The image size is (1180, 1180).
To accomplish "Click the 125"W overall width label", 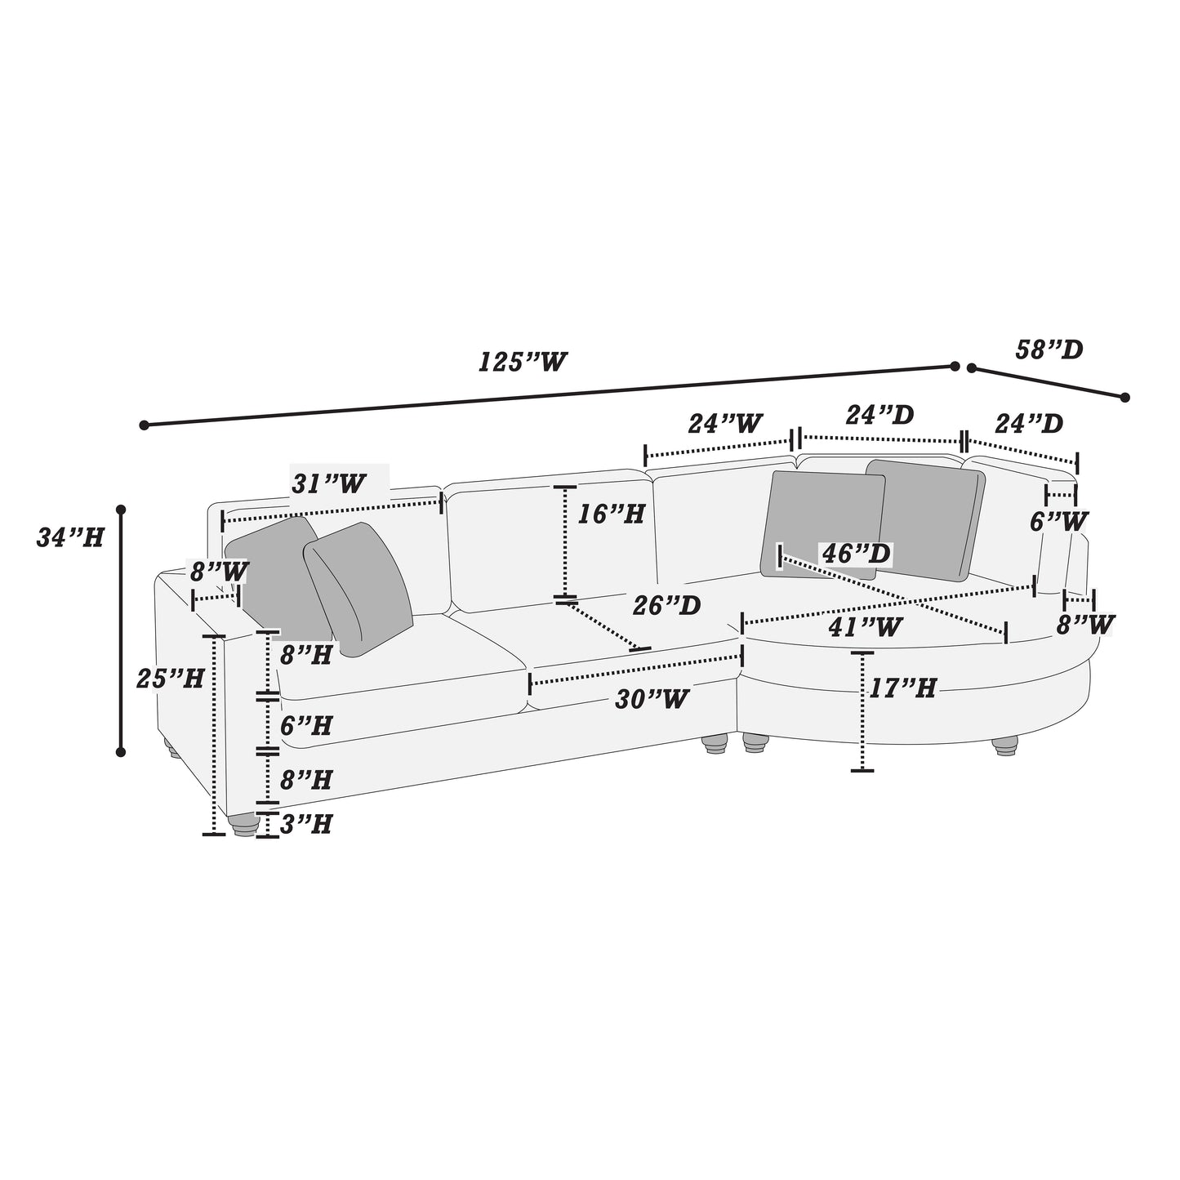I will point(522,361).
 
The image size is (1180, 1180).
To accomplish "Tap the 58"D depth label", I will point(1049,350).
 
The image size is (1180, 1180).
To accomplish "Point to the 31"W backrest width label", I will point(329,483).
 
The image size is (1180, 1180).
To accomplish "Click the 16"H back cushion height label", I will point(611,514).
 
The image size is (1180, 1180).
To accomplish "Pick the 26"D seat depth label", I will point(666,605).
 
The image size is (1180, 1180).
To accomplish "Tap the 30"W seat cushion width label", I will point(652,698).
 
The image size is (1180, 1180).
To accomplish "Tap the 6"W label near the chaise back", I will point(1058,521).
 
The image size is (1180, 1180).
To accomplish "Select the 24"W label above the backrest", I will point(725,423).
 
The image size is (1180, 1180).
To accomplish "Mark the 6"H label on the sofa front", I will point(305,725).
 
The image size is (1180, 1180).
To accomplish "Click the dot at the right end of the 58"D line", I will point(1124,398).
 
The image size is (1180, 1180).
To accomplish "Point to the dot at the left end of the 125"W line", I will point(145,425).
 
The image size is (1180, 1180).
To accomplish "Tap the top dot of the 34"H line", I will point(121,510).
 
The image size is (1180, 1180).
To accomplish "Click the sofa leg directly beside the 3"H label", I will point(243,826).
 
